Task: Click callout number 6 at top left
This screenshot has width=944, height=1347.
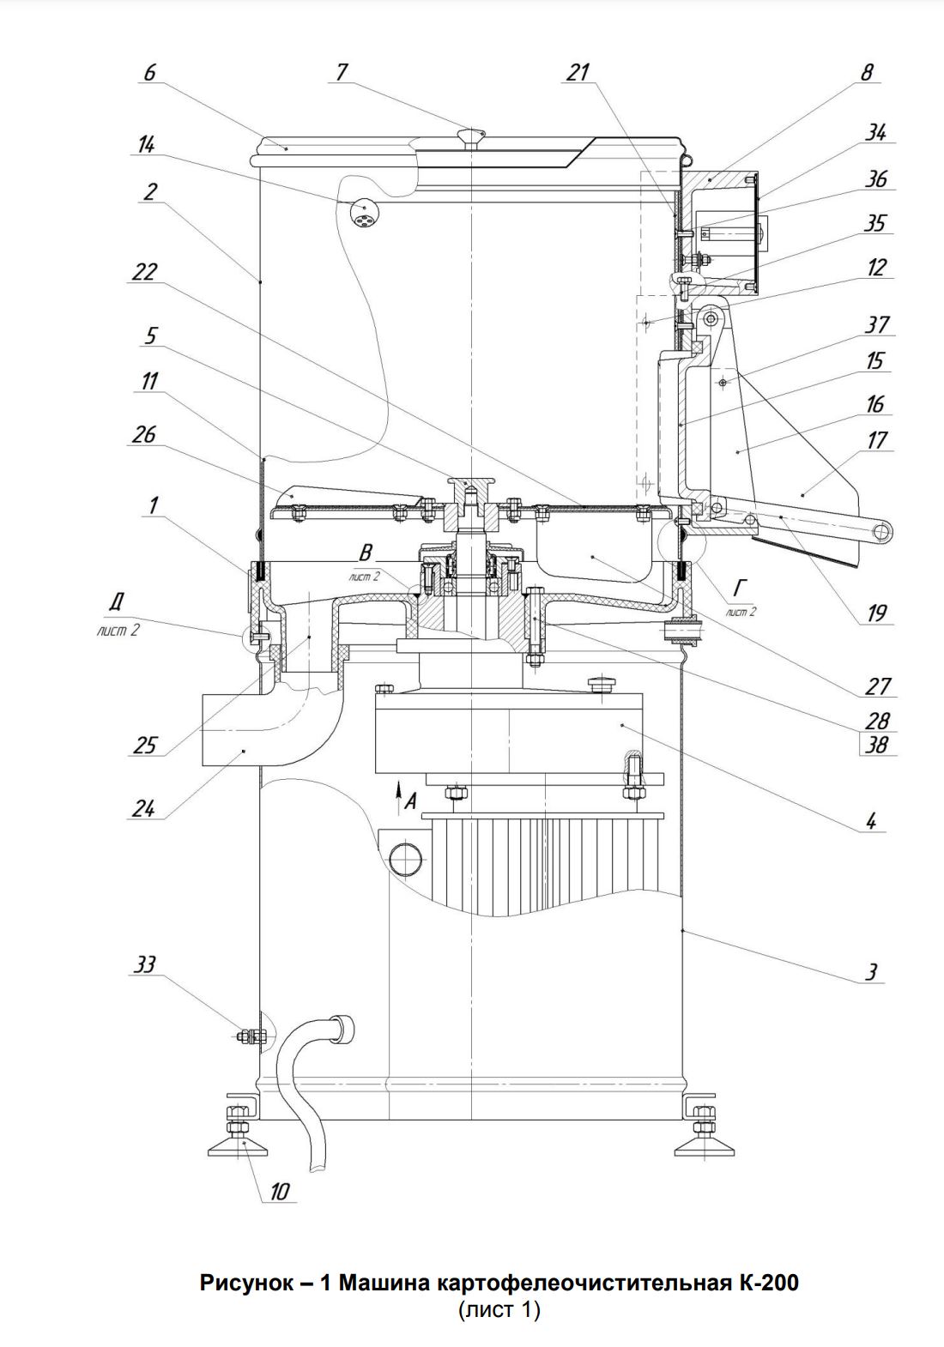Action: [150, 72]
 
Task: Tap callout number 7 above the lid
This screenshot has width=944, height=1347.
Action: [342, 72]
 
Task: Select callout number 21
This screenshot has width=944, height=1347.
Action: [578, 72]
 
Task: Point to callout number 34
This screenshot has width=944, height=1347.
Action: [876, 132]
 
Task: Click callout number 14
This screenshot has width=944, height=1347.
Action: [146, 145]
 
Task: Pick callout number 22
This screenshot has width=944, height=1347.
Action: [144, 272]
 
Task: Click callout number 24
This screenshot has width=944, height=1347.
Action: [144, 809]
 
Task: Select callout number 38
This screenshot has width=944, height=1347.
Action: [876, 745]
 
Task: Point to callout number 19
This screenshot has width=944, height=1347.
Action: [876, 613]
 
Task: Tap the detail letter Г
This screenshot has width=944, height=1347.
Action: [738, 585]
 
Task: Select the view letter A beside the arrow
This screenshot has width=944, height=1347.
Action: [411, 801]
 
